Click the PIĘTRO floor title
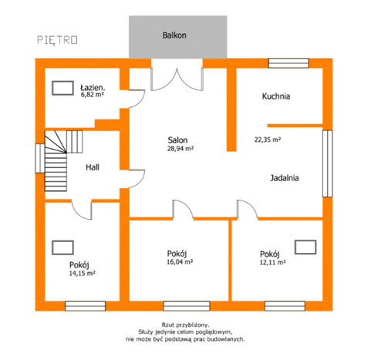pos(57,40)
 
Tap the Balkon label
pos(174,35)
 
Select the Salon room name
pos(177,140)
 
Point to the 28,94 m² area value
pos(180,148)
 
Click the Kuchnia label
pos(276,96)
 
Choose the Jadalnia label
pos(285,178)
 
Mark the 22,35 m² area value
pos(268,140)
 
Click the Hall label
pos(93,167)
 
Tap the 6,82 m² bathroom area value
pos(93,94)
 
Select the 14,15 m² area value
pos(83,273)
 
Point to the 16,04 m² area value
pos(180,261)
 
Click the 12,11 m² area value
pos(273,262)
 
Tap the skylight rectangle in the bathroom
pos(62,88)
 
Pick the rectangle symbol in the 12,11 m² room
pos(305,247)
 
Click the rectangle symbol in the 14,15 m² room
pos(62,247)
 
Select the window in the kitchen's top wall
pos(288,63)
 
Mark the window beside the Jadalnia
pos(328,163)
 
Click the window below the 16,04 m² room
pos(187,306)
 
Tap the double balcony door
pos(177,79)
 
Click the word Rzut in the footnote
pos(167,325)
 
